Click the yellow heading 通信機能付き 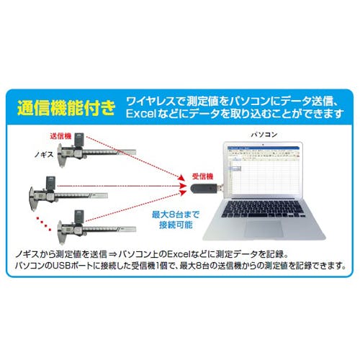pyautogui.click(x=66, y=108)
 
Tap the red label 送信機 pyautogui.click(x=60, y=136)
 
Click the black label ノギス pyautogui.click(x=44, y=155)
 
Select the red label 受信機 pyautogui.click(x=202, y=176)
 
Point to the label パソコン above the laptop pyautogui.click(x=264, y=135)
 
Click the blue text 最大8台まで pyautogui.click(x=176, y=214)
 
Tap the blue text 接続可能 pyautogui.click(x=176, y=225)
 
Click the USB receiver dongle pyautogui.click(x=206, y=188)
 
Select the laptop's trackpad pyautogui.click(x=264, y=229)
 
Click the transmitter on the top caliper pyautogui.click(x=78, y=140)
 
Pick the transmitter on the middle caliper pyautogui.click(x=50, y=184)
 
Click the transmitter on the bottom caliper pyautogui.click(x=79, y=217)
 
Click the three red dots pyautogui.click(x=43, y=224)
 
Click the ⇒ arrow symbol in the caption pyautogui.click(x=112, y=254)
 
